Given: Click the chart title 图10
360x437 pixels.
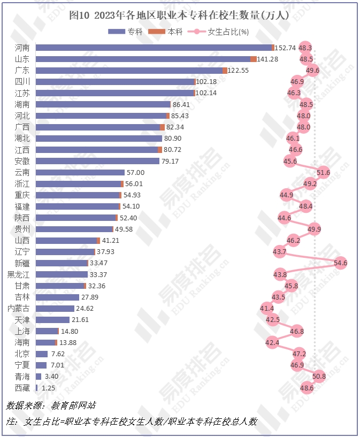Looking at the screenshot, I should [x=180, y=16].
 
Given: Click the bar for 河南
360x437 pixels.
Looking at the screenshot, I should [x=154, y=48].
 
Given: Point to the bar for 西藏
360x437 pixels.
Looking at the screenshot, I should [x=37, y=387].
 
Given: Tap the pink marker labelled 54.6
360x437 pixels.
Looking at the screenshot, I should [x=340, y=263].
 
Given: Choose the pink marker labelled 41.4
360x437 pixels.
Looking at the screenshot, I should [x=266, y=308].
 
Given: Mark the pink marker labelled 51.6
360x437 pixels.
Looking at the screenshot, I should [x=323, y=172].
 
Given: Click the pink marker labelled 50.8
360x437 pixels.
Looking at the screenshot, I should [x=319, y=376].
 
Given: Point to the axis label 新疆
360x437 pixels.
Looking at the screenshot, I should [x=22, y=263].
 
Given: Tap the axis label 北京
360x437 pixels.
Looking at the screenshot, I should [x=22, y=354].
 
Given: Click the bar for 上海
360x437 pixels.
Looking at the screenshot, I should [x=47, y=331].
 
